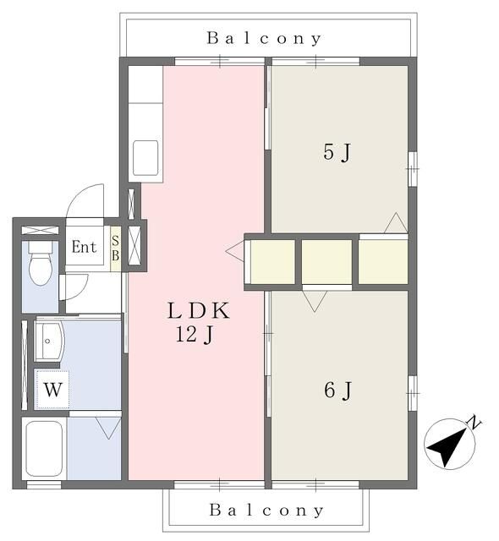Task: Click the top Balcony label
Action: click(x=264, y=38)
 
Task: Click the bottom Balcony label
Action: click(x=266, y=510)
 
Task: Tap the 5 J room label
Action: click(x=337, y=152)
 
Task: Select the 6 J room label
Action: click(x=337, y=391)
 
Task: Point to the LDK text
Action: click(x=199, y=310)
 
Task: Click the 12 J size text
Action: click(x=195, y=335)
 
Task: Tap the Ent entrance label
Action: click(x=84, y=247)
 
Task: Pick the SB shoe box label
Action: click(x=115, y=249)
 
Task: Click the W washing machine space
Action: click(x=52, y=390)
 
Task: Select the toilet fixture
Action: click(x=41, y=263)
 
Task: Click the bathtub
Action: click(x=44, y=449)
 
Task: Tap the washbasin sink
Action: click(x=49, y=342)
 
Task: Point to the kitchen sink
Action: click(x=145, y=158)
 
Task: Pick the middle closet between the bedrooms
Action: click(x=326, y=261)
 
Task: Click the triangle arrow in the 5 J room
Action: click(x=396, y=223)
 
